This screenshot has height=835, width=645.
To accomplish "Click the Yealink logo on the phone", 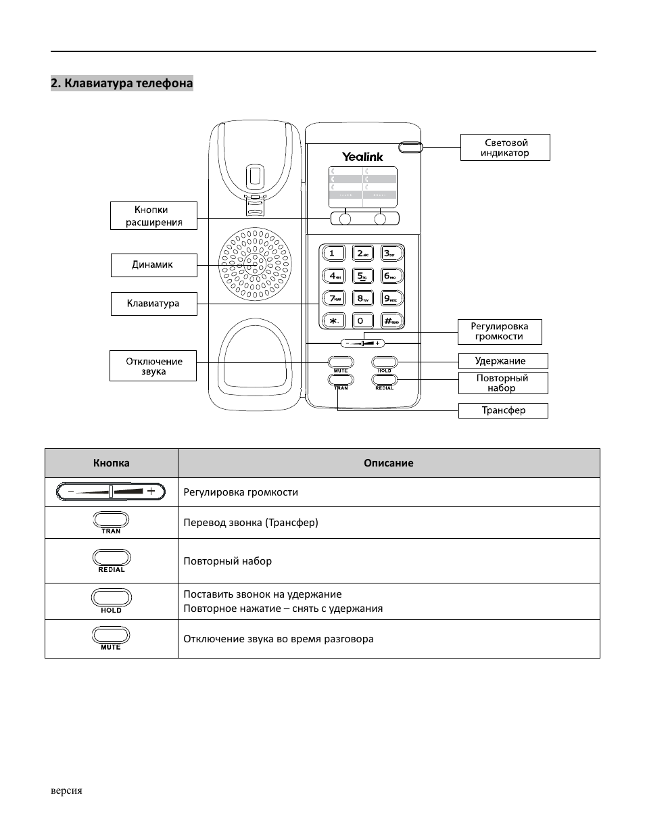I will tap(362, 157).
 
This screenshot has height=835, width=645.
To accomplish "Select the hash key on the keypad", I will tap(391, 320).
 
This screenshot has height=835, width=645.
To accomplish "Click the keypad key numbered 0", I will tap(362, 320).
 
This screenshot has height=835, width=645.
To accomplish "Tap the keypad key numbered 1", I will tap(333, 254).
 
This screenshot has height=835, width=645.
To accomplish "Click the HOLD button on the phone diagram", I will tap(384, 362).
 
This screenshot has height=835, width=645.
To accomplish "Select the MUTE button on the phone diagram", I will tap(341, 362).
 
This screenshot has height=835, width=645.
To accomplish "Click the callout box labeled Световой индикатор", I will tap(505, 147).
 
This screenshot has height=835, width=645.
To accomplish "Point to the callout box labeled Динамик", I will tap(153, 265).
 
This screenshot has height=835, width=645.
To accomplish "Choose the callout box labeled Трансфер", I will tap(503, 410).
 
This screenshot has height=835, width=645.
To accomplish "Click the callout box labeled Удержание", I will tap(502, 361).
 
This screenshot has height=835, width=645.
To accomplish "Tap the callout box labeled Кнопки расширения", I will tap(153, 216).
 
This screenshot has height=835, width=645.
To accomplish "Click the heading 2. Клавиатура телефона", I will tap(122, 83).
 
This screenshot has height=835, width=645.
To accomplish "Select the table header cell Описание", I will tap(388, 463).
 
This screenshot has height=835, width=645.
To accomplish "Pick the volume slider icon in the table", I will tap(111, 492).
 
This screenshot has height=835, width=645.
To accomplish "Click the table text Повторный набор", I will tap(228, 561).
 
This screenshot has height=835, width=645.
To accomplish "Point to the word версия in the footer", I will tap(66, 790).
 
